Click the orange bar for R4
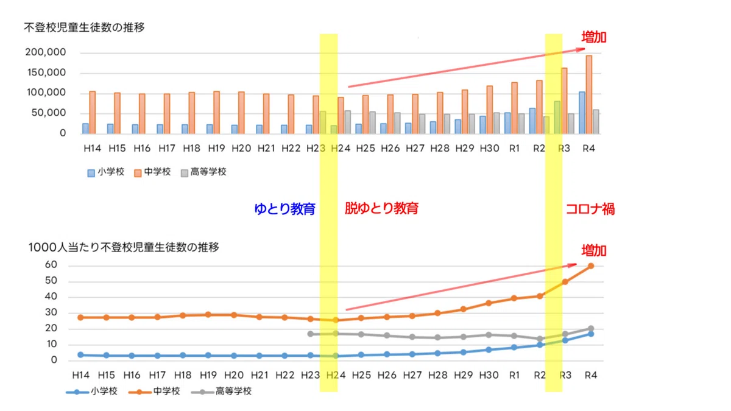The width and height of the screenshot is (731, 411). point(588,94)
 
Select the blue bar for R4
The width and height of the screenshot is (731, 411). point(582,113)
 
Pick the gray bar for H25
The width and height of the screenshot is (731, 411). point(372,122)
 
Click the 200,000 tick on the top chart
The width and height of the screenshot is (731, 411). point(45,52)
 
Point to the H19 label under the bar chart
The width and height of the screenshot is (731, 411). point(216,149)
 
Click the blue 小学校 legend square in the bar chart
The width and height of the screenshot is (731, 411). point(91,173)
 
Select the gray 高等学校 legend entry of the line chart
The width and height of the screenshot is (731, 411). point(221,391)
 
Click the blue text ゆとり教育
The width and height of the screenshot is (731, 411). point(284,209)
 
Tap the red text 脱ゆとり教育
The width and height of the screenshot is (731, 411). point(381,208)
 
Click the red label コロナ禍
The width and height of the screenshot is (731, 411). point(590,209)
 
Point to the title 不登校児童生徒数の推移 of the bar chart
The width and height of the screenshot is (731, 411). point(84,28)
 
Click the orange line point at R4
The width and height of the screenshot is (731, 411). point(591,266)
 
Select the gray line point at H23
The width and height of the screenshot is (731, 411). point(310,334)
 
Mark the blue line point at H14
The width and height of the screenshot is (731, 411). point(80,355)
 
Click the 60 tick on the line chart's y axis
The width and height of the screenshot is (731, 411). point(51,264)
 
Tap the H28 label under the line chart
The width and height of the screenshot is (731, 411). point(437,376)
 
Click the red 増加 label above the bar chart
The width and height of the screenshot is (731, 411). point(593,38)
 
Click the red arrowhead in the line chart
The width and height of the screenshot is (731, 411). point(573,265)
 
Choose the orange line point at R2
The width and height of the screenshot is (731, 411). point(540,296)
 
